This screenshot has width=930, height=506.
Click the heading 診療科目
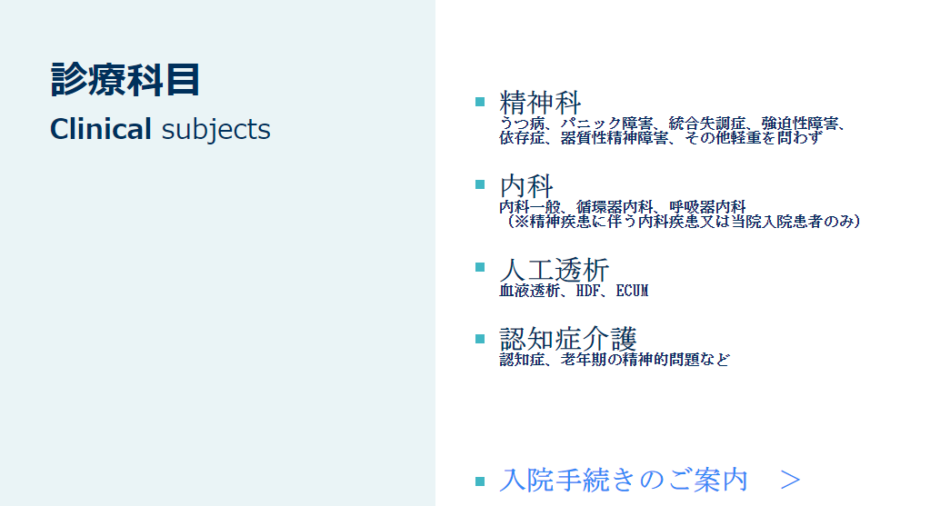(x=125, y=79)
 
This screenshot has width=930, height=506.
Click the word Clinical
(x=101, y=129)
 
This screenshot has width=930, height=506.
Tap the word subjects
(x=215, y=130)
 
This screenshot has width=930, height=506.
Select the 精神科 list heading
(x=540, y=102)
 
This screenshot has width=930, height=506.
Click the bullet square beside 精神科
(x=480, y=102)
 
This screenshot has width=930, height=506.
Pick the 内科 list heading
(x=526, y=185)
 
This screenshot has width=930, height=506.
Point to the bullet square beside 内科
(x=480, y=184)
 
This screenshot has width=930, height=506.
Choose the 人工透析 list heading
(x=554, y=270)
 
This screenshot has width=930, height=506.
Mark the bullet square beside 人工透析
(x=480, y=267)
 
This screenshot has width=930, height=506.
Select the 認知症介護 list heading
(x=568, y=339)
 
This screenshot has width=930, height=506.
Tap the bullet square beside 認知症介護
(x=480, y=339)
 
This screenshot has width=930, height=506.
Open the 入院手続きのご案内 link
(x=624, y=480)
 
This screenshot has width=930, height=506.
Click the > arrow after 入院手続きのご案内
(x=791, y=480)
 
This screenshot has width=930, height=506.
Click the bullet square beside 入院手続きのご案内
(x=480, y=481)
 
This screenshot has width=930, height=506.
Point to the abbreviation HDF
(x=588, y=291)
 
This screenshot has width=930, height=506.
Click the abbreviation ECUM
(x=632, y=291)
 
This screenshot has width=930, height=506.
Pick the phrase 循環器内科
(x=615, y=207)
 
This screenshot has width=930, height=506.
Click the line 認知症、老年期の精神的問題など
(x=615, y=359)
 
